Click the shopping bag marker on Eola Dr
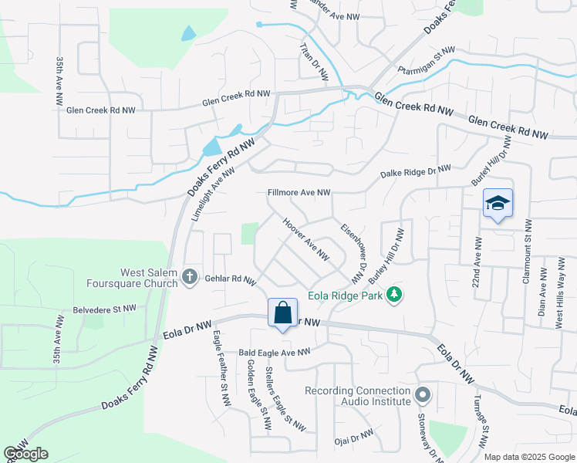coord(283,313)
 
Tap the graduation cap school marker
coord(498,204)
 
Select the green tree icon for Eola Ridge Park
coord(394,295)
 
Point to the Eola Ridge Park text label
coord(346,295)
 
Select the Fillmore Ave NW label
coord(299,192)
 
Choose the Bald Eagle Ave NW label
coord(274,352)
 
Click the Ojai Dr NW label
coord(354,440)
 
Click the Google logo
coord(25,454)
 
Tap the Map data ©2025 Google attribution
coord(528,457)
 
